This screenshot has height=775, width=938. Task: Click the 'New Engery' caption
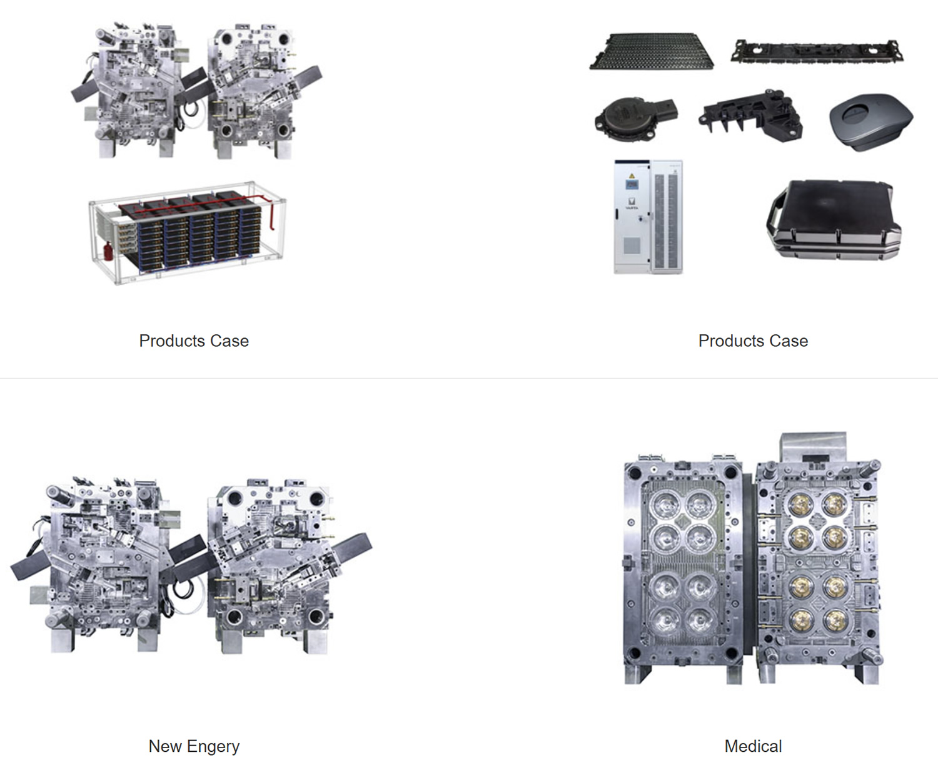point(194,746)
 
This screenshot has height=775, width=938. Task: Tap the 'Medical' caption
point(753,746)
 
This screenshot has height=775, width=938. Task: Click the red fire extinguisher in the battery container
point(108,251)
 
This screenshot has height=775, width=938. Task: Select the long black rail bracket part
point(817,51)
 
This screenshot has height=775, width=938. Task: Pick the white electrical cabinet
point(648,217)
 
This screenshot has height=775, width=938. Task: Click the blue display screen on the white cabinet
point(632,185)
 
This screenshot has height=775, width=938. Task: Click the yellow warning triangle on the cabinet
point(632,175)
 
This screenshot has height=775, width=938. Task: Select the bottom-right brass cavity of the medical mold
point(835,621)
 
